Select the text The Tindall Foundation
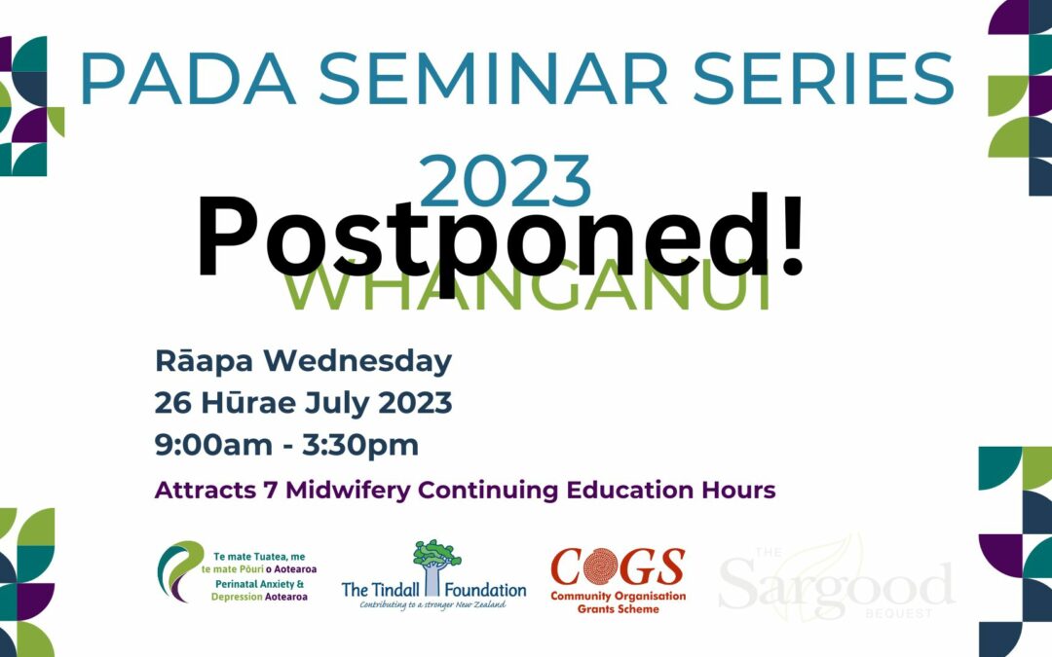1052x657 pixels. click(x=433, y=590)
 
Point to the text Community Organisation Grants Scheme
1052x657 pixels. click(x=618, y=602)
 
